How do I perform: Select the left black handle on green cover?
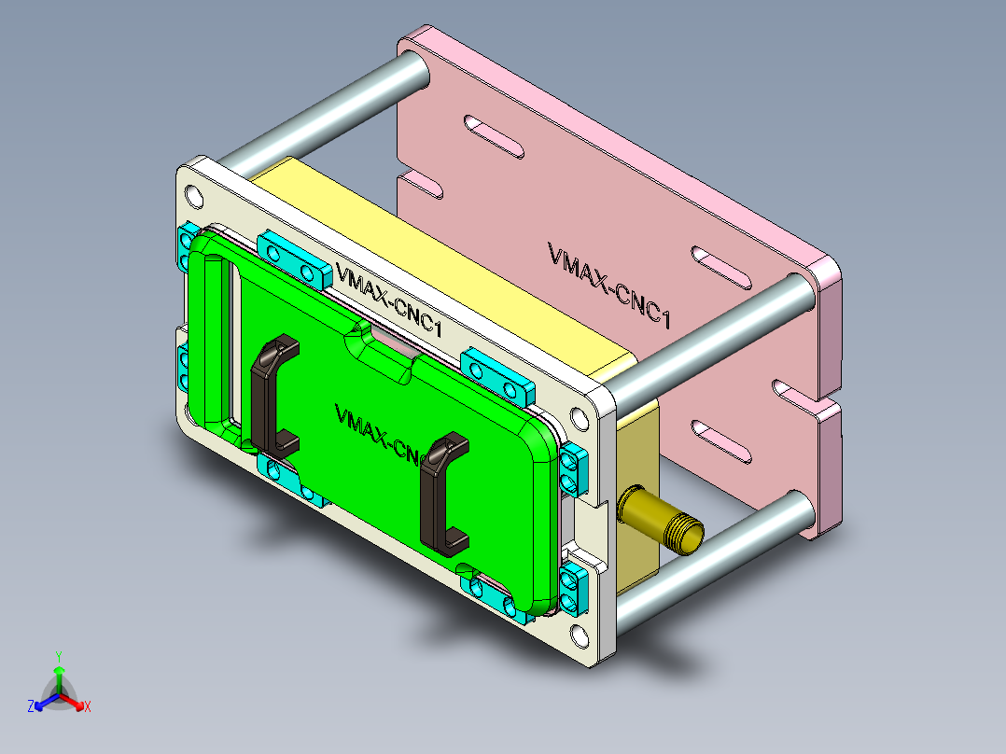coord(272,392)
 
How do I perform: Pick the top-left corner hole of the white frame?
coord(194,196)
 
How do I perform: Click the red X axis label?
coord(88,707)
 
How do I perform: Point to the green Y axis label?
coord(58,656)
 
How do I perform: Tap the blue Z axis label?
coord(31,707)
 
